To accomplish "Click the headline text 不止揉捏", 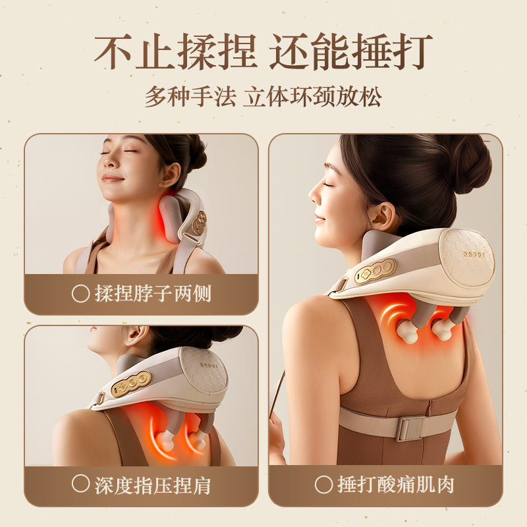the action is click(175, 51).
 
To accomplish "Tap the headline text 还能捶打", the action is click(351, 51).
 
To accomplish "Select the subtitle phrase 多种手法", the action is click(190, 97).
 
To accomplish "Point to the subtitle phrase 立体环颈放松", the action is click(312, 97).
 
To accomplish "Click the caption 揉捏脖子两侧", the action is click(153, 294).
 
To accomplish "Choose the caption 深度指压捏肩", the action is click(153, 485).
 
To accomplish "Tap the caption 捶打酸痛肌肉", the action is click(396, 485).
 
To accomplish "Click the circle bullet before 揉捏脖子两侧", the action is click(80, 294).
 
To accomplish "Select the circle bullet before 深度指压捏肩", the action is click(80, 484).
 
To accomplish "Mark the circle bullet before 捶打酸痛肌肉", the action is click(323, 484).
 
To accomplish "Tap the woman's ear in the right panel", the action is click(383, 216).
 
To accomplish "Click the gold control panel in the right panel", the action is click(375, 271).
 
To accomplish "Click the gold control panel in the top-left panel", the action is click(200, 223).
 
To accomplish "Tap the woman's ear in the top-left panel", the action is click(171, 175).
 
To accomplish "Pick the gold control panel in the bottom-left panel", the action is click(131, 384).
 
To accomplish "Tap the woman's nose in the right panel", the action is click(314, 196).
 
